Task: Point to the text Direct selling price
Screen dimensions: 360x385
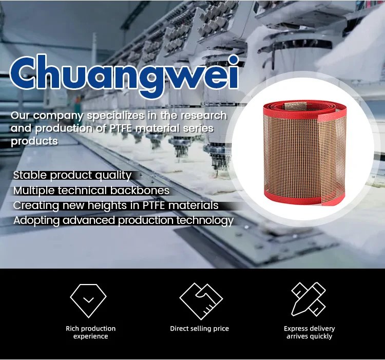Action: point(199,329)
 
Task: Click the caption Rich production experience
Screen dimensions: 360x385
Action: point(90,332)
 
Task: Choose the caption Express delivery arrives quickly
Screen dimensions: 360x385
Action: point(309,332)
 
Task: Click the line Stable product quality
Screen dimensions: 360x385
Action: point(72,175)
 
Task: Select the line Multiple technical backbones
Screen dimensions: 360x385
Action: point(91,191)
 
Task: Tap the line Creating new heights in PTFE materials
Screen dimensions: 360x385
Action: point(115,205)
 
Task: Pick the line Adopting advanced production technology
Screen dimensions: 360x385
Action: point(123,221)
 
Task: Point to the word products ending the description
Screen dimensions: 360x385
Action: point(34,141)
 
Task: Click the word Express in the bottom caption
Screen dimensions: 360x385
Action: point(296,329)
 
